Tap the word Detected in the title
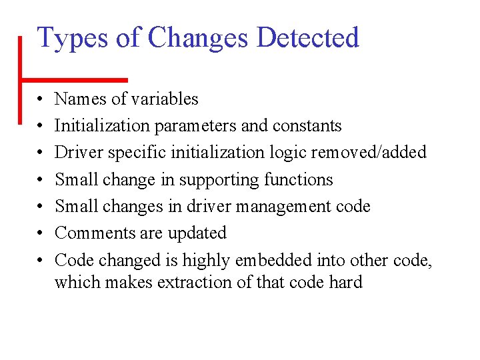[x=307, y=37]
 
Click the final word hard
[x=345, y=283]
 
